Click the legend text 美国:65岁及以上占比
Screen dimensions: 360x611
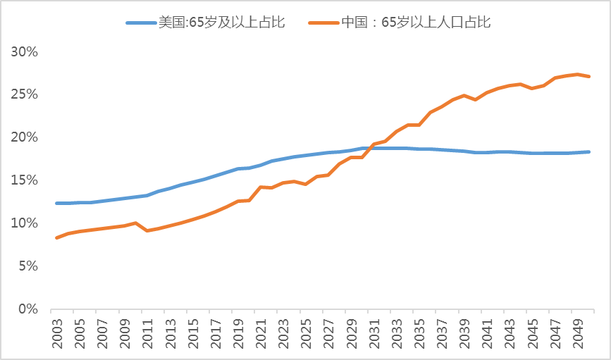(x=221, y=23)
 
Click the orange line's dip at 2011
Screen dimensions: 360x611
(x=147, y=230)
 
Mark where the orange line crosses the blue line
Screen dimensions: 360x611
(x=370, y=147)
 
